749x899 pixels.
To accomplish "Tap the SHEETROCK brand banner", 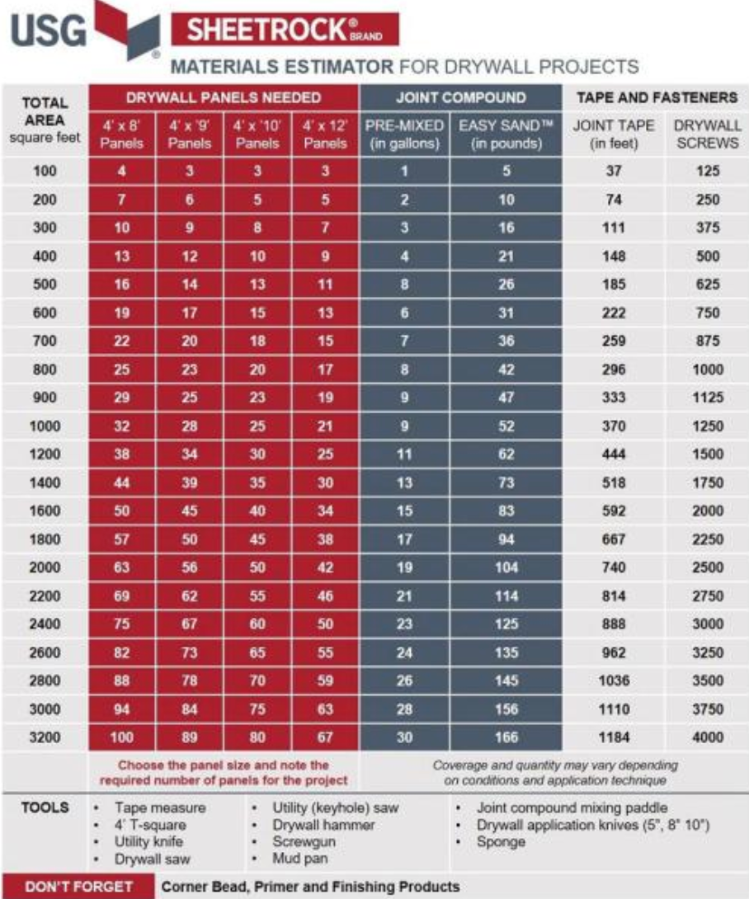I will click(x=285, y=31).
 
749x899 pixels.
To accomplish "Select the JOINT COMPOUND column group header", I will click(x=460, y=97).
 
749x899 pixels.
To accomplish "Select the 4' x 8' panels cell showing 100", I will click(x=122, y=737).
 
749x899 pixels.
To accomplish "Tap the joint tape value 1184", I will click(x=610, y=737).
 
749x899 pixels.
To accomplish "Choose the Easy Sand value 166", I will click(x=506, y=737).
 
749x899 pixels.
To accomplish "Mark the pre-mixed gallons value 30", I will click(x=404, y=737).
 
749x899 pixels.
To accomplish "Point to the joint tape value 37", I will click(x=610, y=172).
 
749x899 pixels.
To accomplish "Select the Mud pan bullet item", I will click(x=298, y=859).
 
